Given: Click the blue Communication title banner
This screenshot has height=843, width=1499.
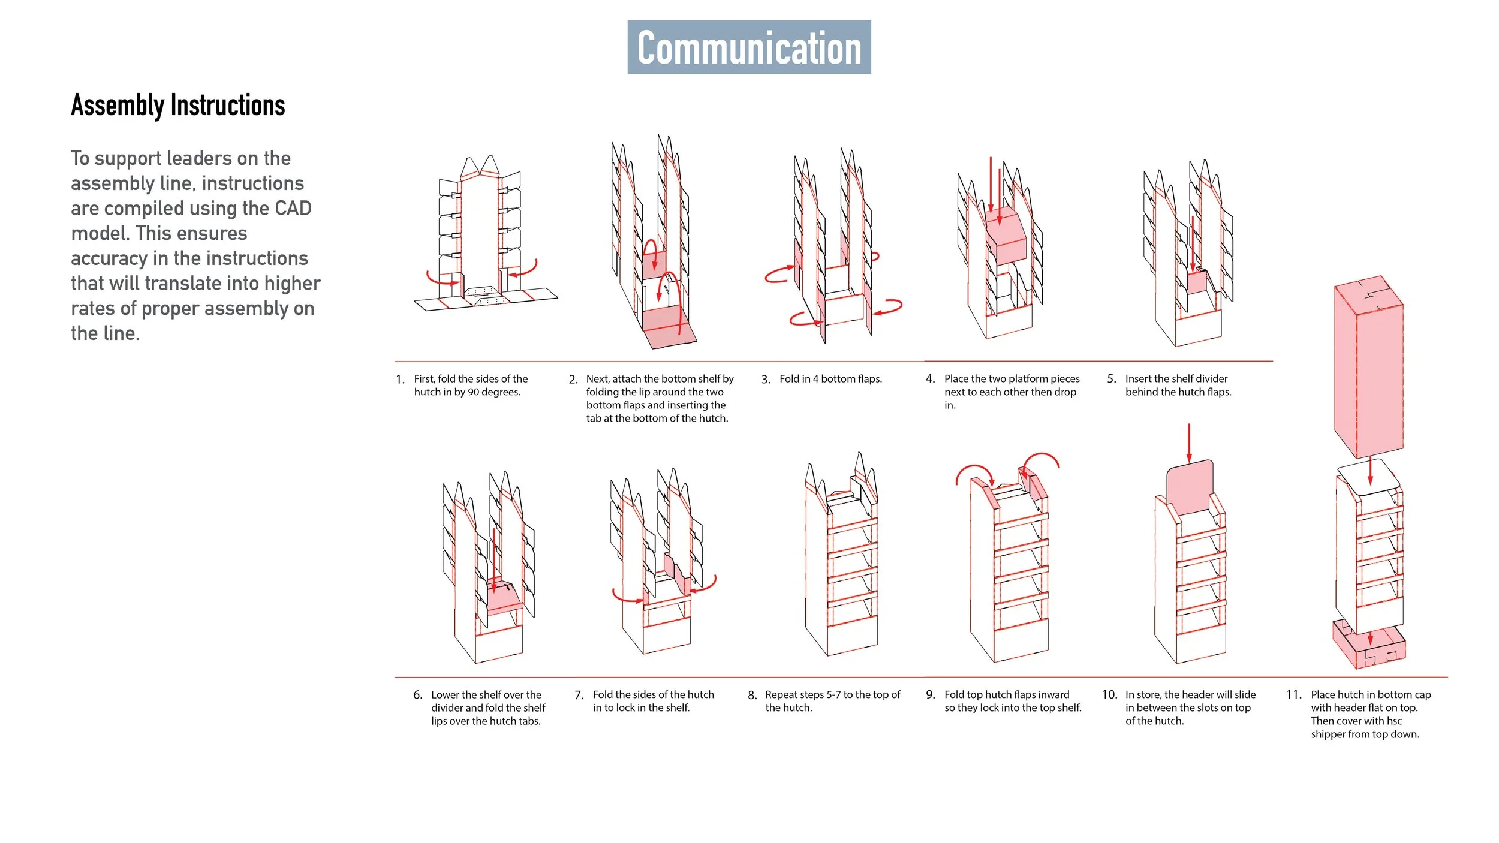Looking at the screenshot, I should click(x=749, y=47).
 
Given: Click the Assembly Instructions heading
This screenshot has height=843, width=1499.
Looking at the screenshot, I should click(x=178, y=106).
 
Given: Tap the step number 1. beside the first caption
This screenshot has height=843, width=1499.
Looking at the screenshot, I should click(x=400, y=380).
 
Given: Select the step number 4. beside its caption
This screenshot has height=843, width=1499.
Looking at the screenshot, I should click(x=930, y=379).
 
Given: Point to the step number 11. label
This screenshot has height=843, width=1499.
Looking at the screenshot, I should click(x=1293, y=695).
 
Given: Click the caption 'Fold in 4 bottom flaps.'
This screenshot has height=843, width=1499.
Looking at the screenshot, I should click(x=830, y=379).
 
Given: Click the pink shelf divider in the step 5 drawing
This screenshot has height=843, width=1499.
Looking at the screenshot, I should click(x=1197, y=282).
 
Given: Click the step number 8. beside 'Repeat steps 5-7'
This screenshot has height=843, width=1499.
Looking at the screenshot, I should click(x=752, y=696).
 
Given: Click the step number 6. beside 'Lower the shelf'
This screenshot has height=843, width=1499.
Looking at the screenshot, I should click(x=417, y=695).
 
